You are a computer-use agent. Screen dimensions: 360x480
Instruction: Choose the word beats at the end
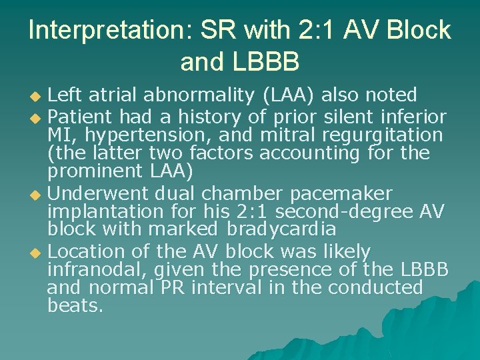(75, 307)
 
